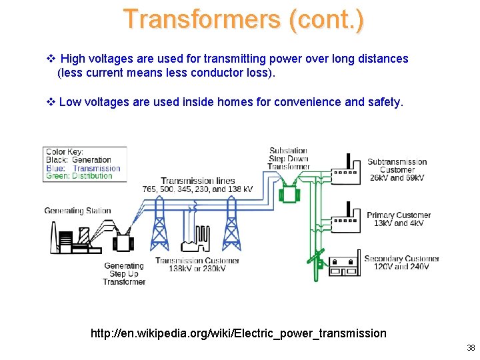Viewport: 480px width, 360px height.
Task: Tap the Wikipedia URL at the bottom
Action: (238, 333)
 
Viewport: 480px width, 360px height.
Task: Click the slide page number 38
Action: (471, 348)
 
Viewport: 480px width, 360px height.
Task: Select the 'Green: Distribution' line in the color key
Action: (79, 176)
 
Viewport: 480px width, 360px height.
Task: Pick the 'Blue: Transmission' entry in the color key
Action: (83, 168)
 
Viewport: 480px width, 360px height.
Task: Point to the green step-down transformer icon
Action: (289, 193)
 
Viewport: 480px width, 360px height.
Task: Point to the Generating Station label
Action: (77, 211)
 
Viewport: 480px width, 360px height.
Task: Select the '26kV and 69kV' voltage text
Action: (397, 178)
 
